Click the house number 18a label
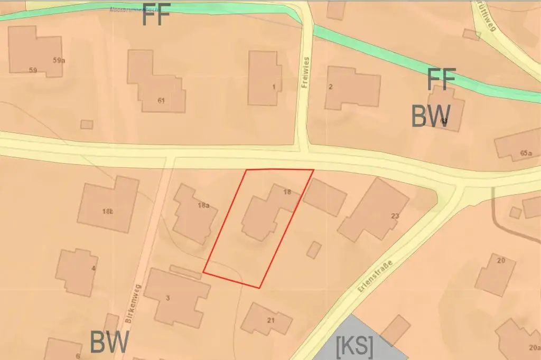203,205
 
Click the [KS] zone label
355,346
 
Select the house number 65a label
526,154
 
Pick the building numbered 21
265,318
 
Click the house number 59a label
59,60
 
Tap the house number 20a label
534,347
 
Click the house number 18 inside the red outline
287,192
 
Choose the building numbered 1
264,78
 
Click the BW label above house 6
109,343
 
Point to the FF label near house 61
156,17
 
